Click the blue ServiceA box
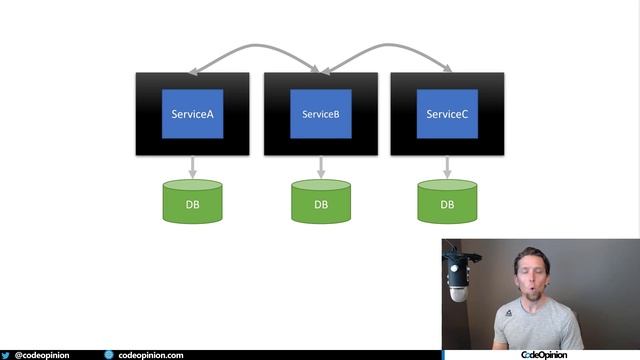(193, 114)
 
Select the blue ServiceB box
(320, 114)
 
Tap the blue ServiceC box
(447, 114)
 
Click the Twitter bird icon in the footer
(6, 354)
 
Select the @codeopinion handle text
(41, 354)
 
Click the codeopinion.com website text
(150, 354)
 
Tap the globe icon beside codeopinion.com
(109, 354)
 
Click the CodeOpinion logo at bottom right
(544, 354)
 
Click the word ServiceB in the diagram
(320, 114)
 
